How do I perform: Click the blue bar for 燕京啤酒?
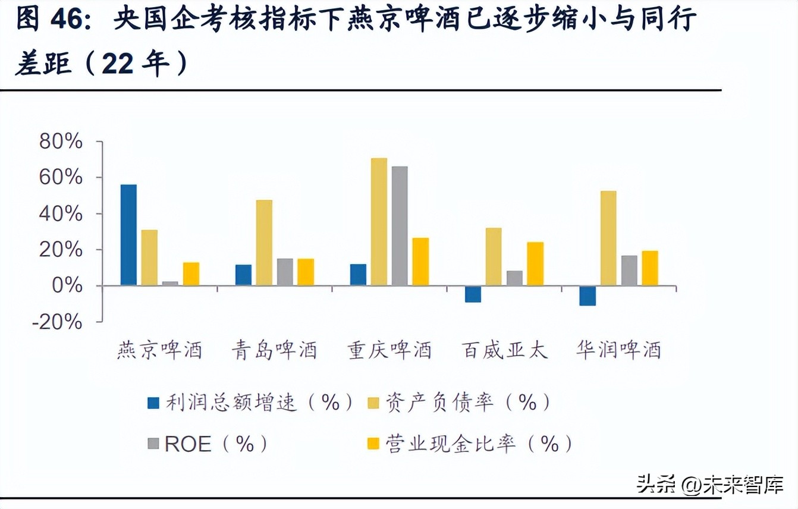tap(128, 235)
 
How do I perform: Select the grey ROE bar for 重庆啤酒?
tap(400, 226)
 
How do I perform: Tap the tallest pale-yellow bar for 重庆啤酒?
tap(379, 222)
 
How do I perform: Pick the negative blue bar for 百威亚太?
tap(473, 294)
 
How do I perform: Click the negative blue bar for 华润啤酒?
tap(587, 296)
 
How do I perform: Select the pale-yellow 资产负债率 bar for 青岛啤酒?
tap(264, 243)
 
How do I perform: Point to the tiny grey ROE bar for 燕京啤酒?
tap(170, 284)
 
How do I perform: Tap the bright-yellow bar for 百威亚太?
tap(535, 263)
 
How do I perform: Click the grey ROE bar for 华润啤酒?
tap(629, 271)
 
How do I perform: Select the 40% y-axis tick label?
tap(61, 213)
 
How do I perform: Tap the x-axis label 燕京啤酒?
tap(159, 350)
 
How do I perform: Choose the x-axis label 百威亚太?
tap(504, 350)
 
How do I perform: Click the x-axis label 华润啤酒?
tap(618, 350)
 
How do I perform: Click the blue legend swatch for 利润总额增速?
tap(154, 404)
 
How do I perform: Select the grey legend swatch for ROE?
tap(154, 444)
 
